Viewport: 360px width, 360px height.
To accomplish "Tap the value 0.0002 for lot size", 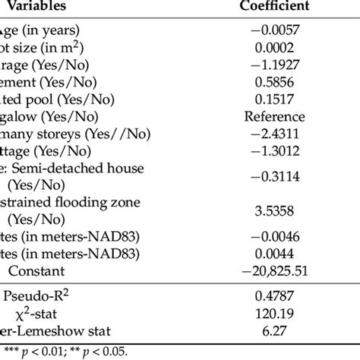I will coord(274,48).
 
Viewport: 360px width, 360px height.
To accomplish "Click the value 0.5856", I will coord(274,82).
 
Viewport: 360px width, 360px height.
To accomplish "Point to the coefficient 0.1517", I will coord(274,99).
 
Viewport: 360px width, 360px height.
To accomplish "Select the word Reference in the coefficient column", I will coord(274,117).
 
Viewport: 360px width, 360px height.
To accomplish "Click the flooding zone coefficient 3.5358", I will coord(274,210).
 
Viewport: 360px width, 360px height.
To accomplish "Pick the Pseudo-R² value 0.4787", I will coord(274,294).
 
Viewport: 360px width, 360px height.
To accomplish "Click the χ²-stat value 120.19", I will coord(274,311).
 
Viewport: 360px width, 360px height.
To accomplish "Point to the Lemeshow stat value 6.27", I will coord(274,328).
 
